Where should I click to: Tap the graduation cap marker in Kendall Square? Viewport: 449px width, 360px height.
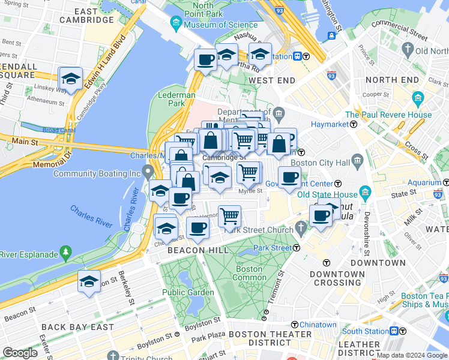(x=70, y=79)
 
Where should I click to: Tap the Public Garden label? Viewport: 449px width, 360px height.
(x=181, y=293)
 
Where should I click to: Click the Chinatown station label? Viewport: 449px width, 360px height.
(x=319, y=325)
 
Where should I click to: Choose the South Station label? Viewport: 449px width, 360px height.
(x=365, y=331)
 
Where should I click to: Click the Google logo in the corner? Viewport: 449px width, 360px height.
(x=20, y=353)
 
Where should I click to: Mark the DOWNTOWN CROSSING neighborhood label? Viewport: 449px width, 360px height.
(x=337, y=278)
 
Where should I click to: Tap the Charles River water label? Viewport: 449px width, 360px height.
(x=91, y=217)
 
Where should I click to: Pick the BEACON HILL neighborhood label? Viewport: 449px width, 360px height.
(x=198, y=250)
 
